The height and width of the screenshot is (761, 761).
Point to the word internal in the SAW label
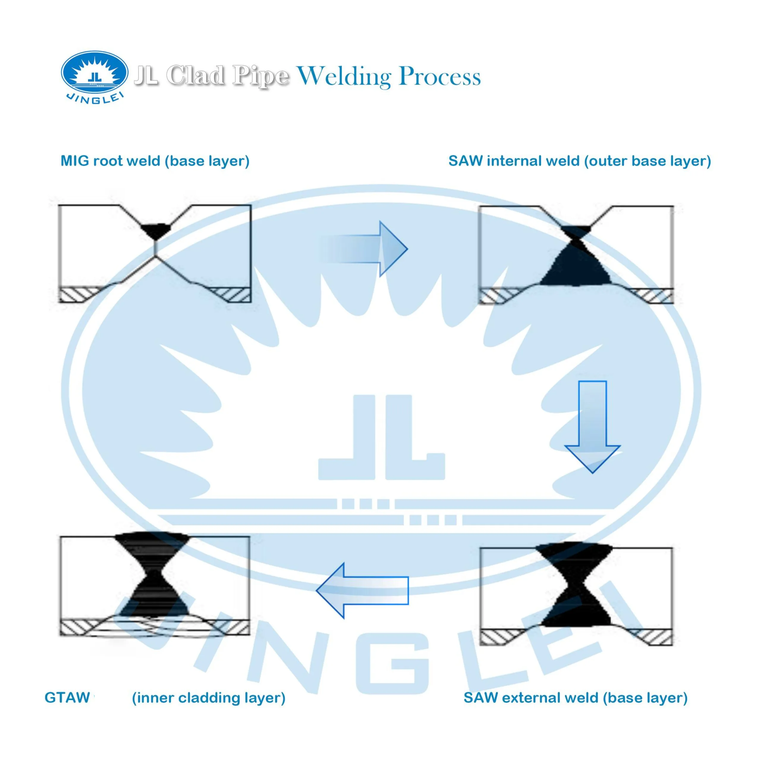tap(510, 161)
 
